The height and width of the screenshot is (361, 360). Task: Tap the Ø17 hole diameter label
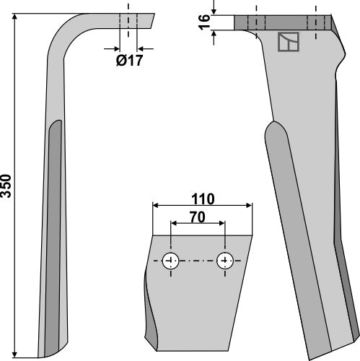pos(130,61)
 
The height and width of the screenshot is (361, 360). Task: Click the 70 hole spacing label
pos(198,215)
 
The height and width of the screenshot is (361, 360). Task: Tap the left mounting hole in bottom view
pos(171,260)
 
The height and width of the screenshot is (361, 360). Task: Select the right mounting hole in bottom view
pos(226,260)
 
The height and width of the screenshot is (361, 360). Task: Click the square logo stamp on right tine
pos(288,45)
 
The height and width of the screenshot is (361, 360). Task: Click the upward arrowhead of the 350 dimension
pos(22,16)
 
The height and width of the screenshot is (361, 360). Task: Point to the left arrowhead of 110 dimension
pos(155,206)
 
